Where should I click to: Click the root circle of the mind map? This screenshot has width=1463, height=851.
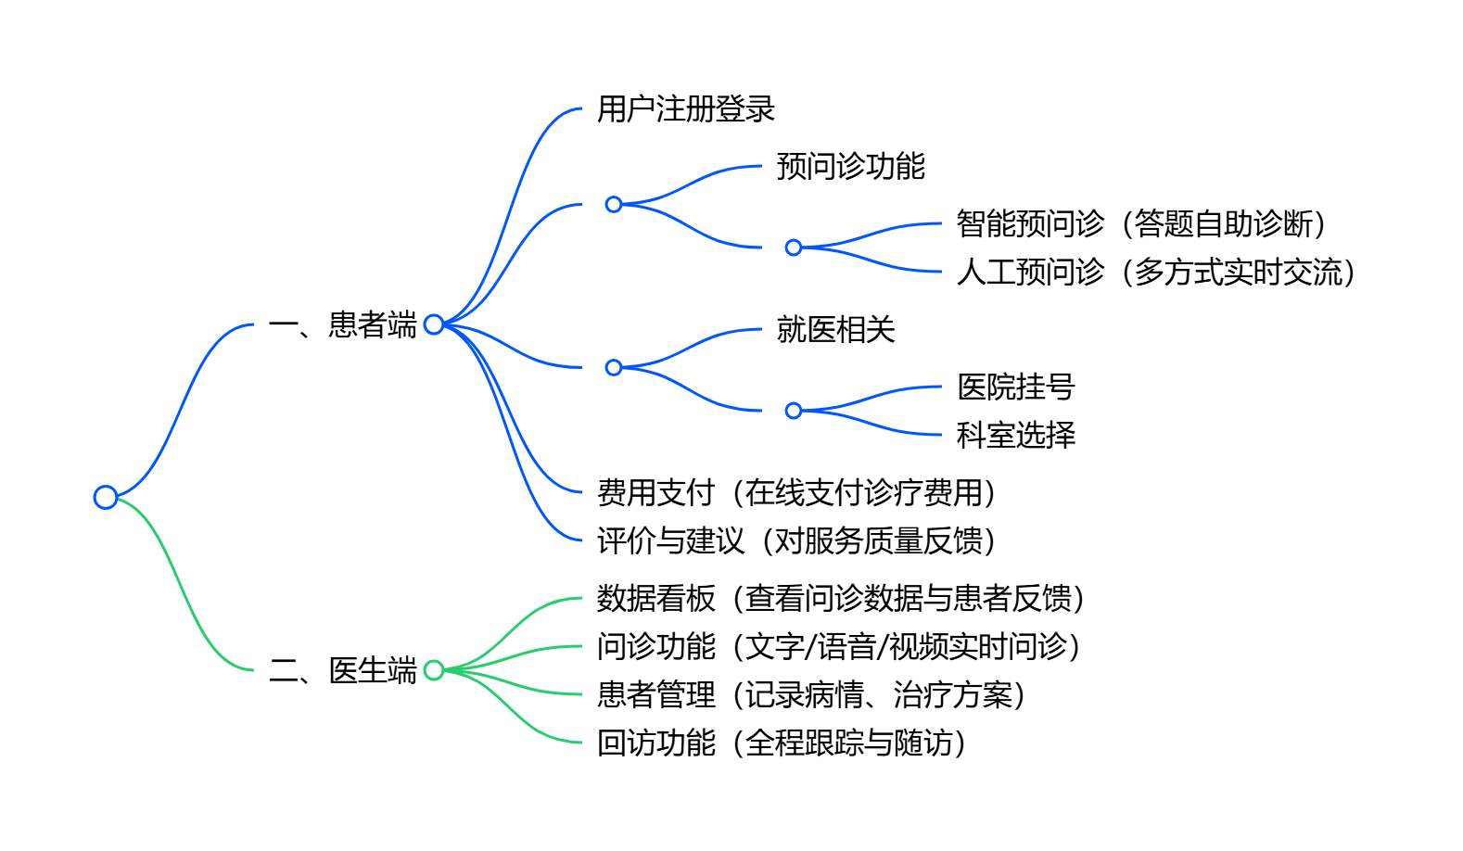(106, 498)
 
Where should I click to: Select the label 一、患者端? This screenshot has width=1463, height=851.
(343, 325)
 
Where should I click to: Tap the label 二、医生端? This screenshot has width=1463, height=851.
(343, 670)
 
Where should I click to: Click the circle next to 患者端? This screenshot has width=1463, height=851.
(434, 324)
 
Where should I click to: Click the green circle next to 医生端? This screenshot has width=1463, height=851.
(434, 670)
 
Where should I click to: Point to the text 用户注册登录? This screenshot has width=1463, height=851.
(685, 109)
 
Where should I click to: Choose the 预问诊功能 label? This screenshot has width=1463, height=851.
(850, 167)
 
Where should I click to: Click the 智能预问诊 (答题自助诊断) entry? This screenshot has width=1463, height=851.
(1141, 224)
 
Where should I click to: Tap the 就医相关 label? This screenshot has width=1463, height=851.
(835, 330)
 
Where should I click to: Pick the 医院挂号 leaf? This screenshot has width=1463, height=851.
(1015, 387)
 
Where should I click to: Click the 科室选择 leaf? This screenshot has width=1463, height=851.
(1015, 436)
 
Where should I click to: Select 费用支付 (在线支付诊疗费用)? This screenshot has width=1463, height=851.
(796, 493)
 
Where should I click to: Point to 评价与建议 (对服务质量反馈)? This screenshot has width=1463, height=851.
(796, 541)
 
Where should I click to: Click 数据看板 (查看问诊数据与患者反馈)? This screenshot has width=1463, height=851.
(841, 599)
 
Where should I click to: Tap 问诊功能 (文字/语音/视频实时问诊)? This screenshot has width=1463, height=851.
(839, 647)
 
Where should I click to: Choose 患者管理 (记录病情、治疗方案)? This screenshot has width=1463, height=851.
(811, 695)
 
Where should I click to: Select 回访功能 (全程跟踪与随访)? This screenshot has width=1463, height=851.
(782, 743)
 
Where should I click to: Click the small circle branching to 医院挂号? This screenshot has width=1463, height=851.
(794, 411)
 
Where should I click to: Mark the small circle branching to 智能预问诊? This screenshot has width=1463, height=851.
(794, 248)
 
